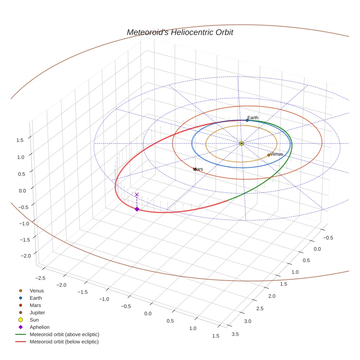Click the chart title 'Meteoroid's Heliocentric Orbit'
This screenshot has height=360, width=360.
tap(180, 32)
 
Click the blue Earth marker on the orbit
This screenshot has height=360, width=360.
tap(247, 120)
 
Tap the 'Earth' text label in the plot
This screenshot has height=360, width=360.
tap(253, 117)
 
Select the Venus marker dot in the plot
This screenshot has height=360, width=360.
tap(269, 155)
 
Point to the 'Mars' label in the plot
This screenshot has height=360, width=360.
tap(198, 169)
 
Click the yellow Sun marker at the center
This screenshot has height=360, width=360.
tap(241, 143)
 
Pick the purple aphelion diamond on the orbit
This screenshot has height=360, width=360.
tap(137, 209)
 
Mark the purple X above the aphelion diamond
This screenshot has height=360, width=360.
tap(137, 195)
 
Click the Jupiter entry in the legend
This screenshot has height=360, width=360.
tap(37, 313)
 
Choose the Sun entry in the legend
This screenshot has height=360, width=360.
tap(34, 320)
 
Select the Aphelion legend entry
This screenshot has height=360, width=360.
tap(40, 327)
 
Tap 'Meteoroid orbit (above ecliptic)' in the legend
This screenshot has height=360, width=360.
tap(64, 334)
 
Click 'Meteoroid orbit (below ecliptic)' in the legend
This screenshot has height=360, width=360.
tap(64, 342)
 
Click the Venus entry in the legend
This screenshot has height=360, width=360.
tap(37, 291)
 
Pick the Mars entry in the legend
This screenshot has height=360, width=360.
tap(35, 305)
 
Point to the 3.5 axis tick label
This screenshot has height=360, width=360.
tap(236, 334)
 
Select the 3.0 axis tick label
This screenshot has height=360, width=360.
tap(248, 321)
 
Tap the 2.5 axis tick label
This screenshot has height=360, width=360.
tap(259, 309)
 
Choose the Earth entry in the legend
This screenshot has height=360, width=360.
tap(36, 298)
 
